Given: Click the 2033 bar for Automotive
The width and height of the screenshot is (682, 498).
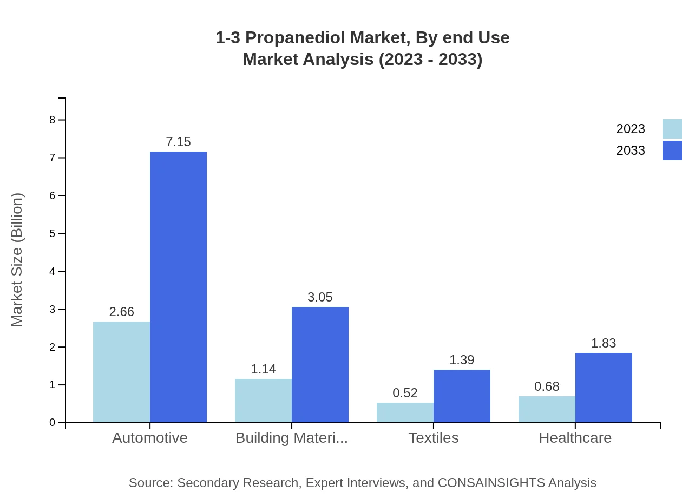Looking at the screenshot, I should tap(178, 287).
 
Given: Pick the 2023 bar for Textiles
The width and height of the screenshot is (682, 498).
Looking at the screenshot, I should tap(405, 412).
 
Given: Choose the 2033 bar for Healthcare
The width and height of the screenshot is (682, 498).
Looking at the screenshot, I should tap(604, 388).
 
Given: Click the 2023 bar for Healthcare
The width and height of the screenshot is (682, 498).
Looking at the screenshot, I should tap(547, 409).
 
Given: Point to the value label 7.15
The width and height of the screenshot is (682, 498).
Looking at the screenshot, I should tap(178, 142).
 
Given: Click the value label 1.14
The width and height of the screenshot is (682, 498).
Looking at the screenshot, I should tap(263, 369).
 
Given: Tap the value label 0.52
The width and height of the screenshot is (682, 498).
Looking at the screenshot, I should tap(405, 393).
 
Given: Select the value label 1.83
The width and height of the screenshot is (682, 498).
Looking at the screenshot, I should tap(604, 343).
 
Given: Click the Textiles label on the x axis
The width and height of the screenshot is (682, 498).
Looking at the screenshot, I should tap(433, 437).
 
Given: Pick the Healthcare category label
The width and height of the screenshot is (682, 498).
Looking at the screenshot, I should tap(575, 437).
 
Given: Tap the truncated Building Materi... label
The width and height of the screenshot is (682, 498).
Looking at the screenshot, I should tap(291, 437).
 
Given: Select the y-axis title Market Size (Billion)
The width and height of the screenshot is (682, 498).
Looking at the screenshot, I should tap(17, 260).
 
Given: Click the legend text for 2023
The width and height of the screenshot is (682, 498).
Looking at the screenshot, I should tap(631, 129).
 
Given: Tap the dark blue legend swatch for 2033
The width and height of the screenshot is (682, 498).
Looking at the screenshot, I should tap(672, 150).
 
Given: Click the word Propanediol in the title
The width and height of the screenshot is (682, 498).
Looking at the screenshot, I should tap(297, 38).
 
